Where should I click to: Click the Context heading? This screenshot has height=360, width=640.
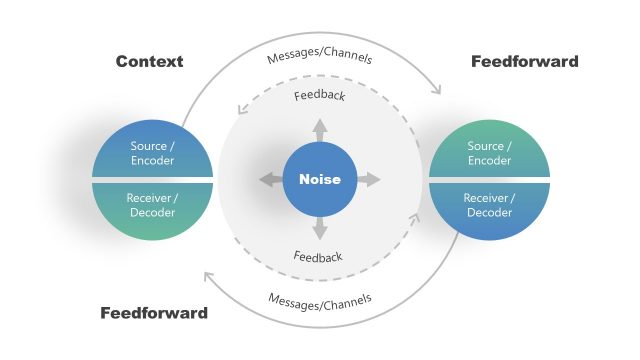[149, 62]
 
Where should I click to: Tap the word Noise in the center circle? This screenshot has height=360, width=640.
[320, 180]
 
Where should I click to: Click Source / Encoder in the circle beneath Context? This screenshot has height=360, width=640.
[152, 153]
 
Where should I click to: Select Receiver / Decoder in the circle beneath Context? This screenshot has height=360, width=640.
[152, 205]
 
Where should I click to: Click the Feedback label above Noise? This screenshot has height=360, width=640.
[319, 97]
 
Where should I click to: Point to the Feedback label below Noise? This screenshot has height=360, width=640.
[319, 257]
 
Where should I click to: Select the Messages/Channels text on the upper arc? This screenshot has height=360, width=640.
[320, 57]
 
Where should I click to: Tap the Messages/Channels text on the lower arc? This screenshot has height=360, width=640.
[320, 298]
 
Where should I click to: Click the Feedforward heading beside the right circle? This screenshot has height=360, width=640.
[524, 62]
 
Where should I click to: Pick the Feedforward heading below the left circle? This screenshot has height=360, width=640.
[154, 313]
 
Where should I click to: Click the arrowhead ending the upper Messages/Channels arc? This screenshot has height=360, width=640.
[438, 91]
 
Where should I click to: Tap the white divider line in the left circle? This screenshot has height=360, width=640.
[152, 179]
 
